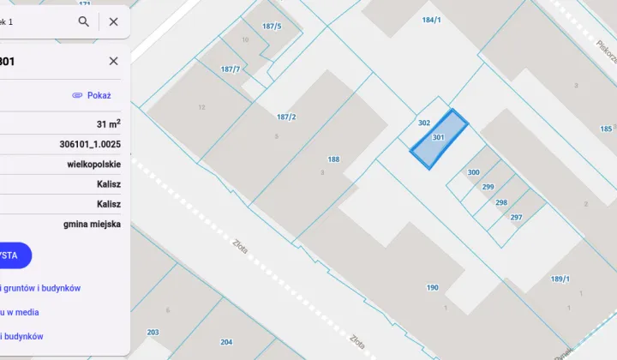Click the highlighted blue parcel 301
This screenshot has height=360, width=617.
pos(438,139)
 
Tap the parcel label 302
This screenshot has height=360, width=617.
pos(423,123)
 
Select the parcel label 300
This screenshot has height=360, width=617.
pos(473,172)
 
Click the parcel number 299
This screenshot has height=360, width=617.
pos(488,187)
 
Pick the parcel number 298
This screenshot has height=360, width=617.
pos(501,202)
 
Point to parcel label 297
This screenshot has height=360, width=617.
pos(516,218)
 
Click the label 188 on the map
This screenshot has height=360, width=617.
pos(333,159)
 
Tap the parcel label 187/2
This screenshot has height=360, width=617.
pos(286,117)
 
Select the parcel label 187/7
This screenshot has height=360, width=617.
pos(230,69)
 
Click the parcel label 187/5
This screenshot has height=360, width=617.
pos(272,26)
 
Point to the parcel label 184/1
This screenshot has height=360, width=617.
pos(431,19)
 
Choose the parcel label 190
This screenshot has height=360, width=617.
pos(432,287)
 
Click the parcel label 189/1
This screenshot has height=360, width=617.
pos(560,279)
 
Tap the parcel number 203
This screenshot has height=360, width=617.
pos(153,332)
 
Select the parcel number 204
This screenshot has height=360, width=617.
pos(226,342)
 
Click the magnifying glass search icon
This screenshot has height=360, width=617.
pos(83,21)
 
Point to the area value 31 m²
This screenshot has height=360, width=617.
pos(107,124)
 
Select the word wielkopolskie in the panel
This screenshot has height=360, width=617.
pos(93,164)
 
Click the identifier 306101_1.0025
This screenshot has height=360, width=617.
pos(90,144)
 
